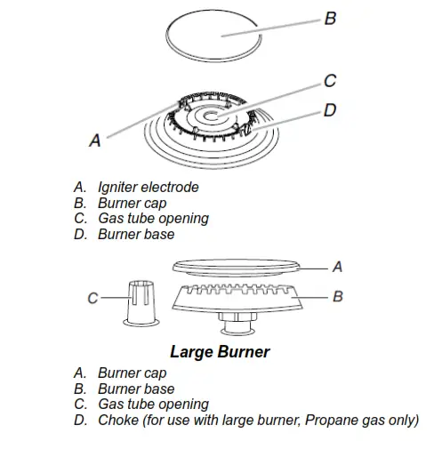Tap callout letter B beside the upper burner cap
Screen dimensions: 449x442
coord(330,17)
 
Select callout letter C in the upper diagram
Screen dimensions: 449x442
coord(329,81)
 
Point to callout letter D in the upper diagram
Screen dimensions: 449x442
coord(330,111)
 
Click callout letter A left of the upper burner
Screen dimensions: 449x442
coord(95,140)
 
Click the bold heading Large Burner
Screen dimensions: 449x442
coord(220,351)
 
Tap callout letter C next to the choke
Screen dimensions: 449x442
coord(92,300)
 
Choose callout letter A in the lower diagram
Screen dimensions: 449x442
coord(337,266)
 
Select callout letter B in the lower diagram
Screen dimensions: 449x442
coord(337,296)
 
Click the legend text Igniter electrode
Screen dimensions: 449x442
coord(149,188)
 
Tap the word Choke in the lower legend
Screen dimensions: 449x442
coord(118,421)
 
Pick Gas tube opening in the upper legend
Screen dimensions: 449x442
coord(153,219)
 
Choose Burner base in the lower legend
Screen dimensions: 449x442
coord(136,389)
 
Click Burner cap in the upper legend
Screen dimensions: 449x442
coord(133,204)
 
